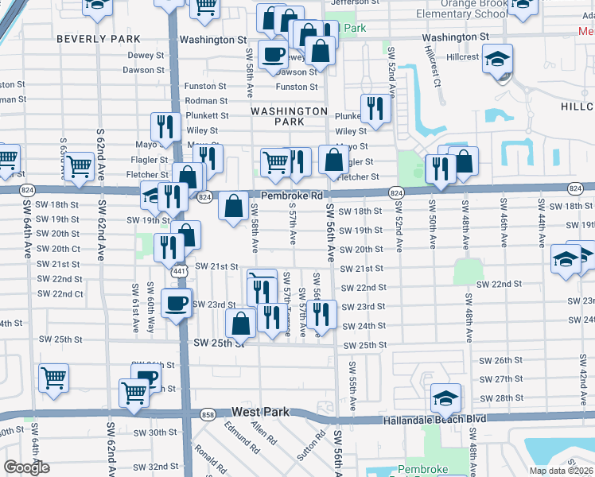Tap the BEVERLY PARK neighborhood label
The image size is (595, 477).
pyautogui.click(x=99, y=39)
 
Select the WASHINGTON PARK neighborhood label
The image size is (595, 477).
pyautogui.click(x=290, y=116)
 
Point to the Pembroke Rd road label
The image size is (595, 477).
pyautogui.click(x=290, y=195)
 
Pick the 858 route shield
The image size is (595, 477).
pyautogui.click(x=208, y=414)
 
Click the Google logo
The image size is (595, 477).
pyautogui.click(x=26, y=467)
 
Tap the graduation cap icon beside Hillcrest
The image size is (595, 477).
pyautogui.click(x=498, y=59)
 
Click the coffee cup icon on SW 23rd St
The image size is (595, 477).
pyautogui.click(x=176, y=302)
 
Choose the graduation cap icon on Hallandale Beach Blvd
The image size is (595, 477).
pyautogui.click(x=446, y=397)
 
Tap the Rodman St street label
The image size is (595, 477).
pyautogui.click(x=206, y=101)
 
